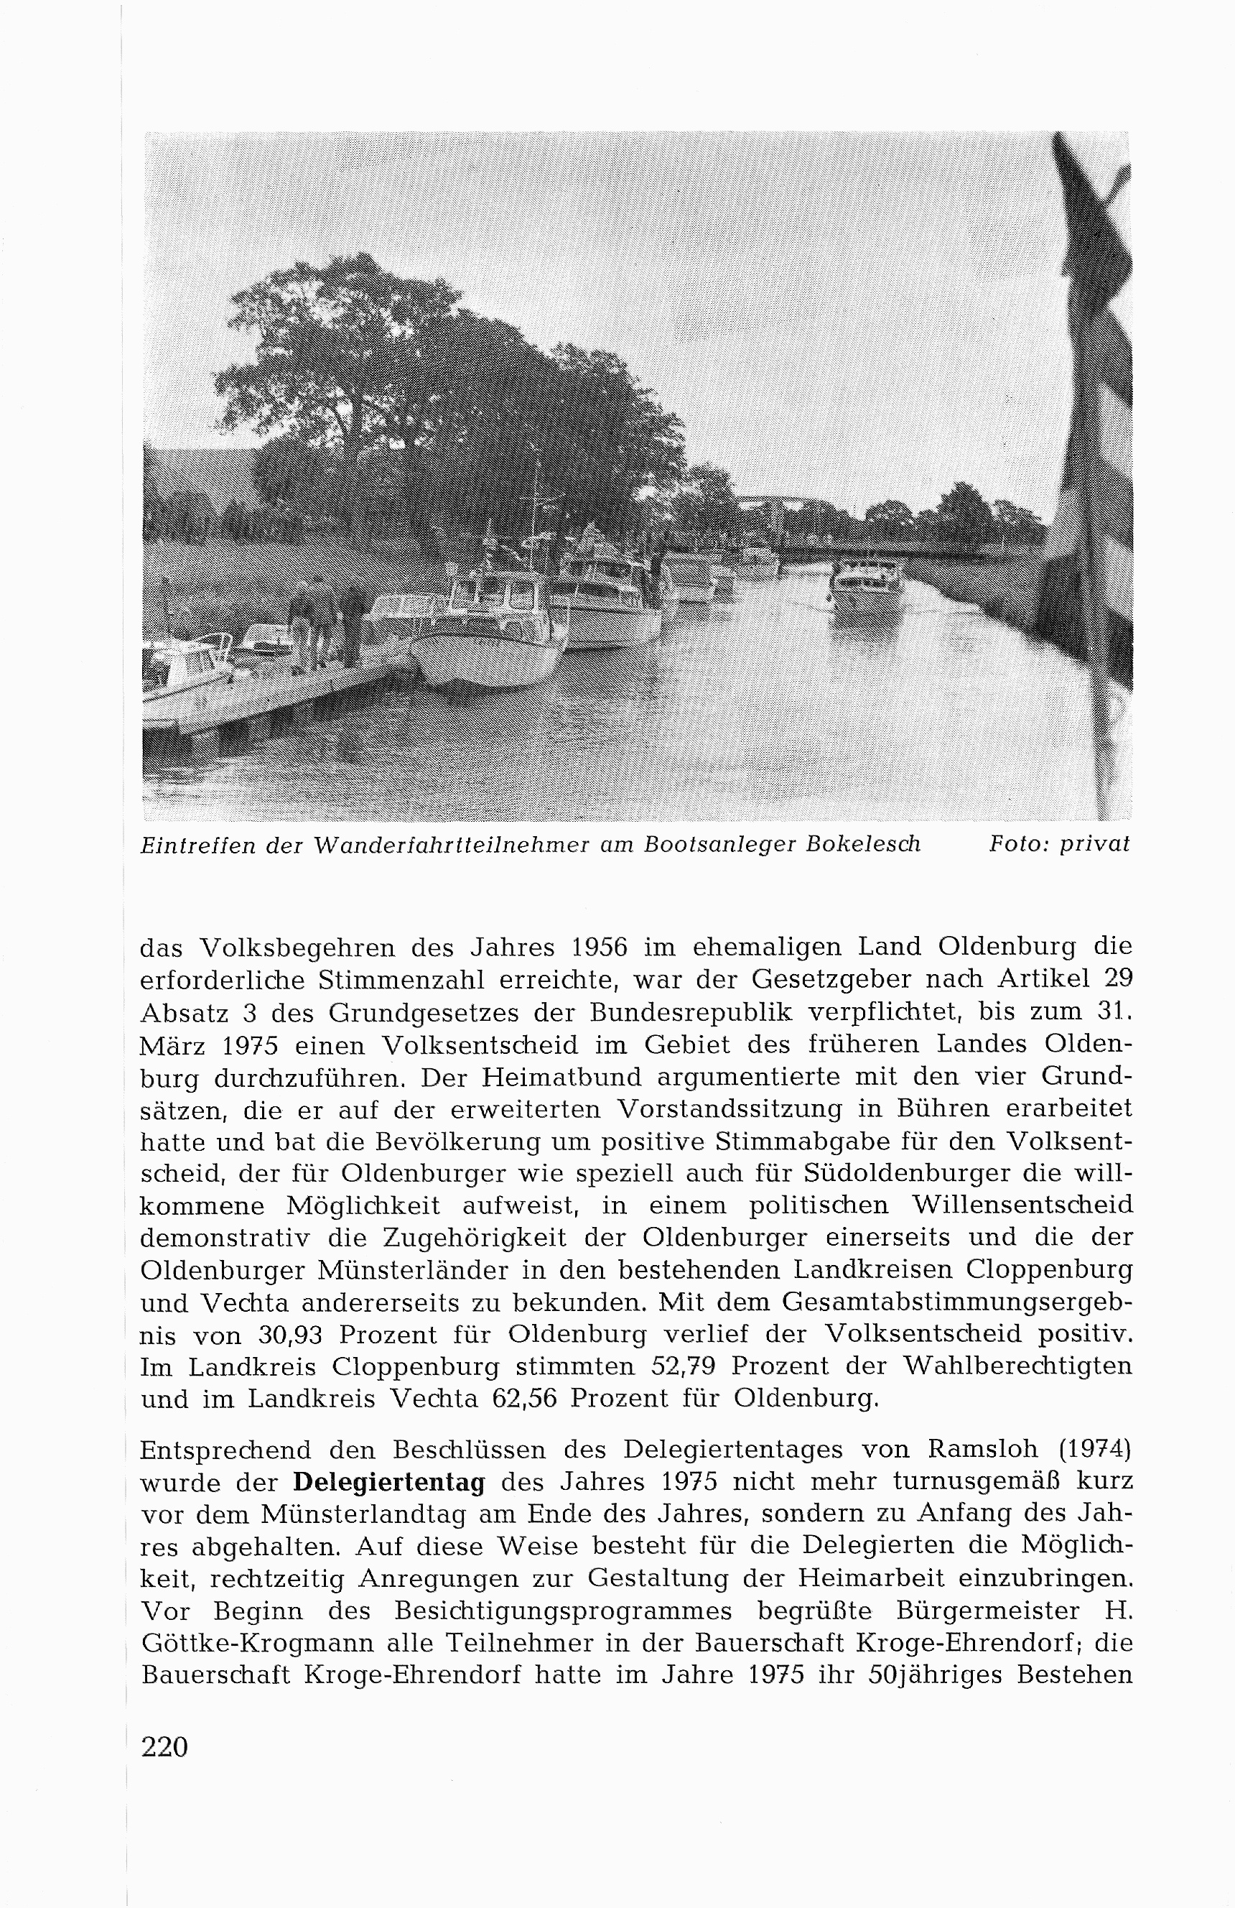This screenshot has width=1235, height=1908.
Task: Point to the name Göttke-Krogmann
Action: (243, 1644)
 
